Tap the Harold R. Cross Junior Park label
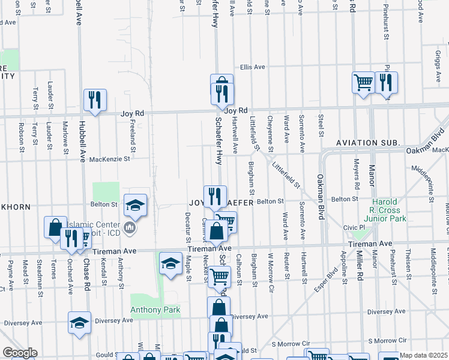(x=388, y=210)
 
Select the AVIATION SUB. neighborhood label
(x=367, y=142)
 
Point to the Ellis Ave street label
(x=252, y=67)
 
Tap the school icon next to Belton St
(x=135, y=204)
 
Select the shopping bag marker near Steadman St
(x=55, y=227)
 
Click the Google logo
(x=20, y=353)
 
